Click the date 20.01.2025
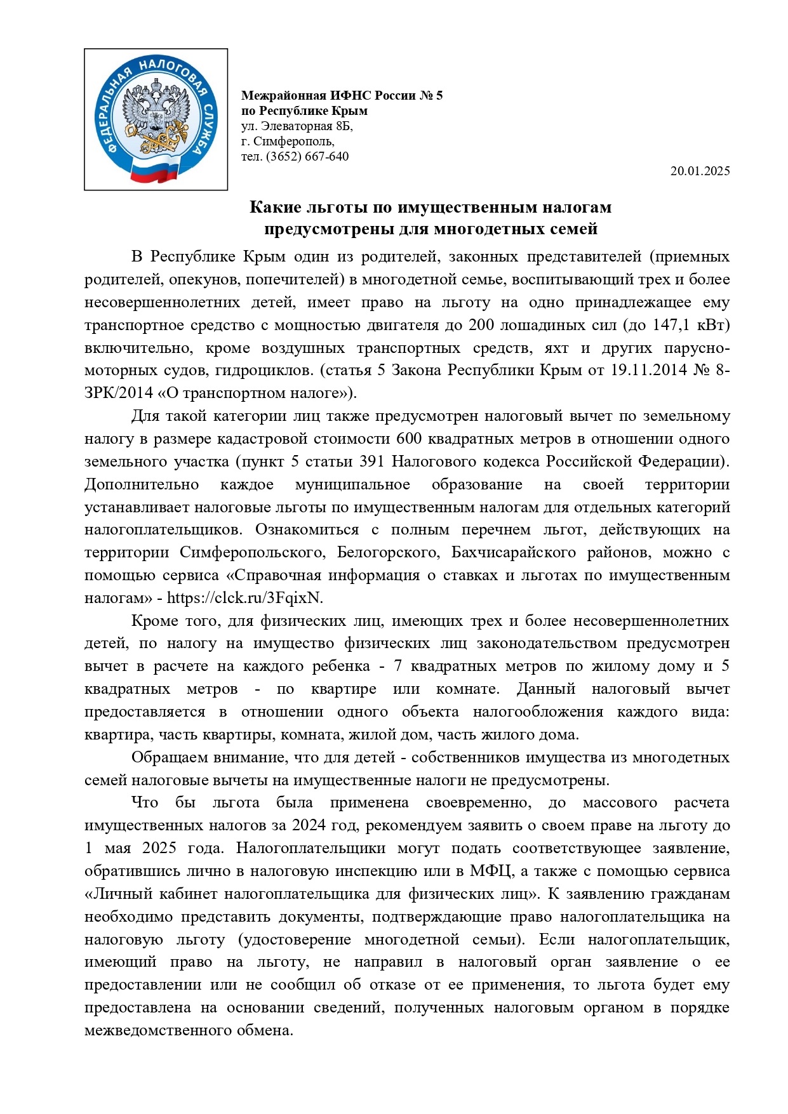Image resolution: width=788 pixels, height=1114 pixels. [x=700, y=171]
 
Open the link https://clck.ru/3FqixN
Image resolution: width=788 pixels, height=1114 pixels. [x=244, y=598]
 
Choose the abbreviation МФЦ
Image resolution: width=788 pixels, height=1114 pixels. [x=490, y=872]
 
